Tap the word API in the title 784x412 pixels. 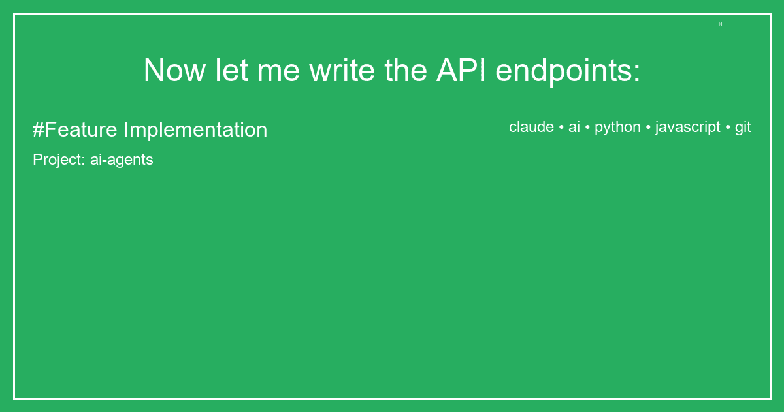461,71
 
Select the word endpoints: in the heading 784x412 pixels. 568,71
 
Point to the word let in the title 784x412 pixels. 231,71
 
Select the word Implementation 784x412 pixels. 195,129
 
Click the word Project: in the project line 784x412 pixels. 59,160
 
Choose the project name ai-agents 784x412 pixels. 122,160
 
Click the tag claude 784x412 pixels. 531,127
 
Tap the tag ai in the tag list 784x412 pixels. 574,127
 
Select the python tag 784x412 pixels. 617,127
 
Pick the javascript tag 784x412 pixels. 687,127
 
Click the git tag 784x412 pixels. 743,127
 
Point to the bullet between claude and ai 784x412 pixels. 561,127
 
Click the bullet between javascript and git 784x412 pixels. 728,127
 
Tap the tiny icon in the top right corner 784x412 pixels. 720,24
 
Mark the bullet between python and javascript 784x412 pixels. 648,127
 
